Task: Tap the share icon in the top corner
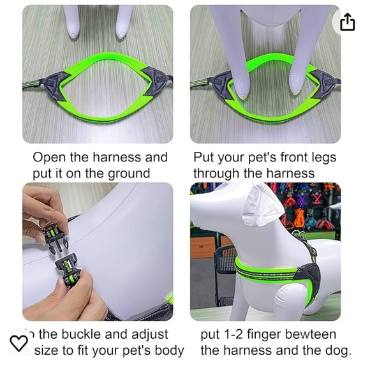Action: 347,22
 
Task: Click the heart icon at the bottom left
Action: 19,343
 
